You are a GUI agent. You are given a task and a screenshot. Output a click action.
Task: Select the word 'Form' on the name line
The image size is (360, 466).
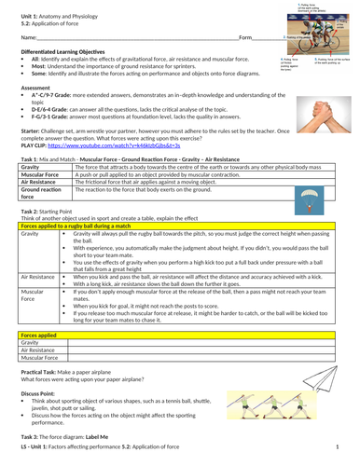coord(245,37)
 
